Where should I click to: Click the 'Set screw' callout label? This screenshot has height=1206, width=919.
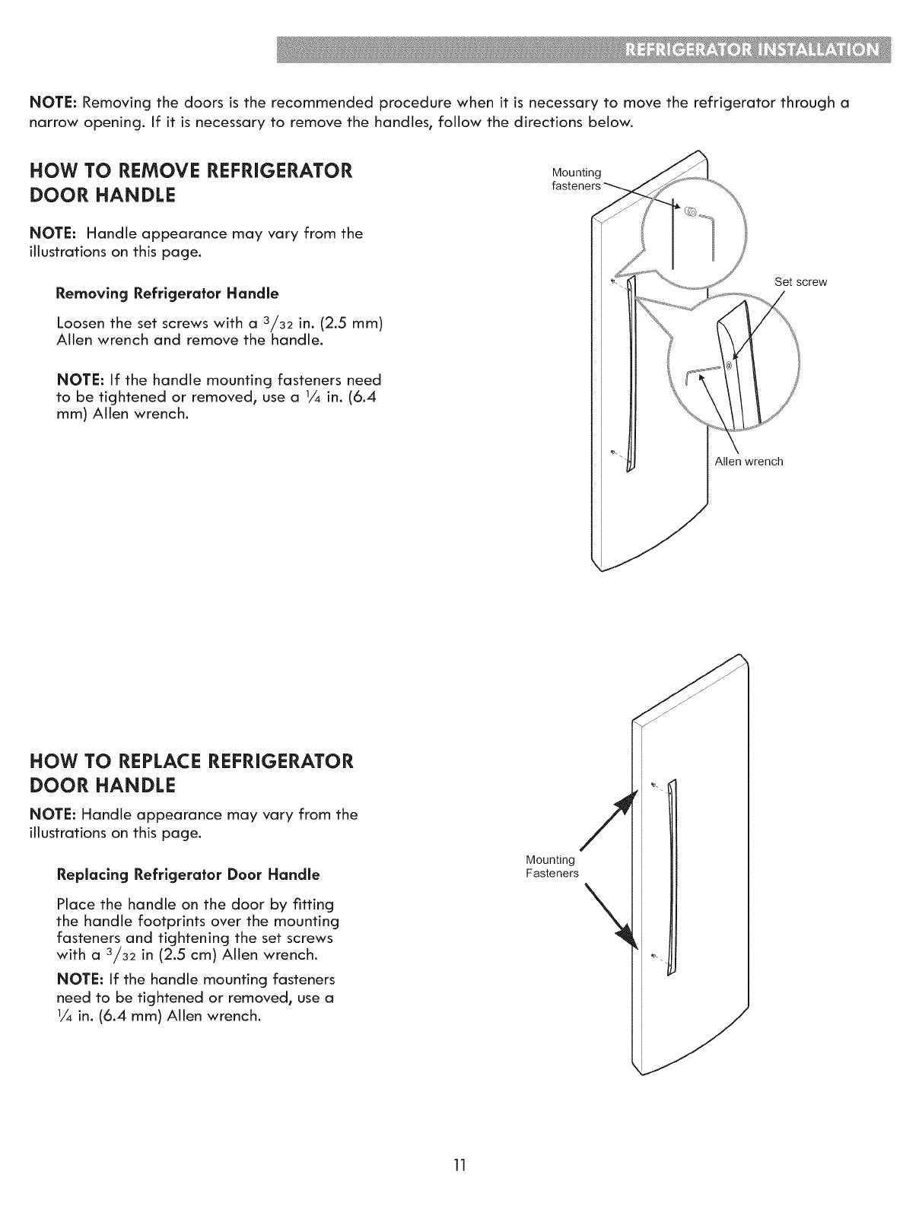coord(800,282)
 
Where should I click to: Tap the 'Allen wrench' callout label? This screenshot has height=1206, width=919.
coord(749,462)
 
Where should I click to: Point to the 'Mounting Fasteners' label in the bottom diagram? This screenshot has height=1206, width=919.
coord(552,867)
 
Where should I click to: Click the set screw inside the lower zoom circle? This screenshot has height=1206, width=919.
coord(728,366)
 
